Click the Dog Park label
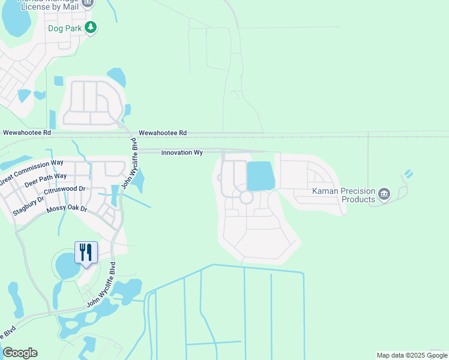click(64, 27)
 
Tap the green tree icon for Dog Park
click(91, 27)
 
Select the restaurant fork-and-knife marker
click(85, 252)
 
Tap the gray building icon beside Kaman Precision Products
click(384, 194)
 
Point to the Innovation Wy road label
click(182, 153)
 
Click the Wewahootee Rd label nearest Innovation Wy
click(163, 133)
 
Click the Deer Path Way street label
click(46, 181)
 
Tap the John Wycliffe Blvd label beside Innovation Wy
click(129, 163)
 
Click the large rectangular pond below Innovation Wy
click(261, 177)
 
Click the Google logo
click(20, 353)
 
